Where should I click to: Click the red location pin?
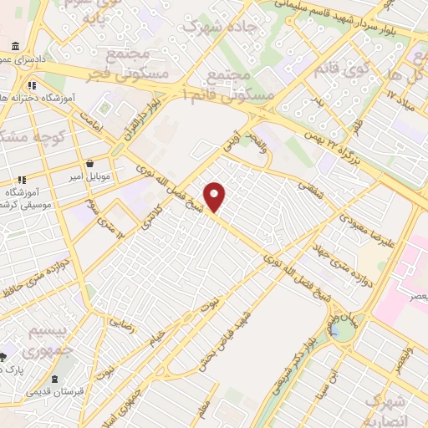215,195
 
